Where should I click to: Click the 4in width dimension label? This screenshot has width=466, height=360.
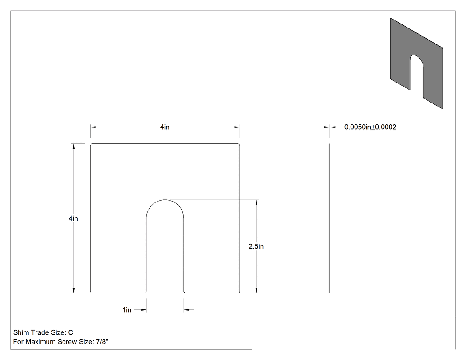165,127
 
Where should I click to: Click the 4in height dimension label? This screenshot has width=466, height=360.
73,218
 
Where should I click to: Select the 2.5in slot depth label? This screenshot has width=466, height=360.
256,246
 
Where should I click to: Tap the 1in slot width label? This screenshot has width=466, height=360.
127,310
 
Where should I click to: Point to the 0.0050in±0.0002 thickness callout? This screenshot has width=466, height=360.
370,127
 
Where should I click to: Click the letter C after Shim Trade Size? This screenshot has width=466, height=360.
71,332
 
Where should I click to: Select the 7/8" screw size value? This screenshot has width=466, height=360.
102,342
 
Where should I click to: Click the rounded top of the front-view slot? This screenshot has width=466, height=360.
165,200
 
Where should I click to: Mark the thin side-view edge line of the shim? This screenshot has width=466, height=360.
330,218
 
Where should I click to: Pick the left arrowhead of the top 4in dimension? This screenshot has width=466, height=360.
93,127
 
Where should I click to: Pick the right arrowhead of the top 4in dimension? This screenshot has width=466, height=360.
237,127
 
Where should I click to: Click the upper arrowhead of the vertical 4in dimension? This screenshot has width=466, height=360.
74,146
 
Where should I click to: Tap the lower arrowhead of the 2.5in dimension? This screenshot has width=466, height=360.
257,290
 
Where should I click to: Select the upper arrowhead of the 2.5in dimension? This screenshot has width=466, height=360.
257,202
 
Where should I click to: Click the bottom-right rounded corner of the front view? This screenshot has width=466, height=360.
239,292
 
